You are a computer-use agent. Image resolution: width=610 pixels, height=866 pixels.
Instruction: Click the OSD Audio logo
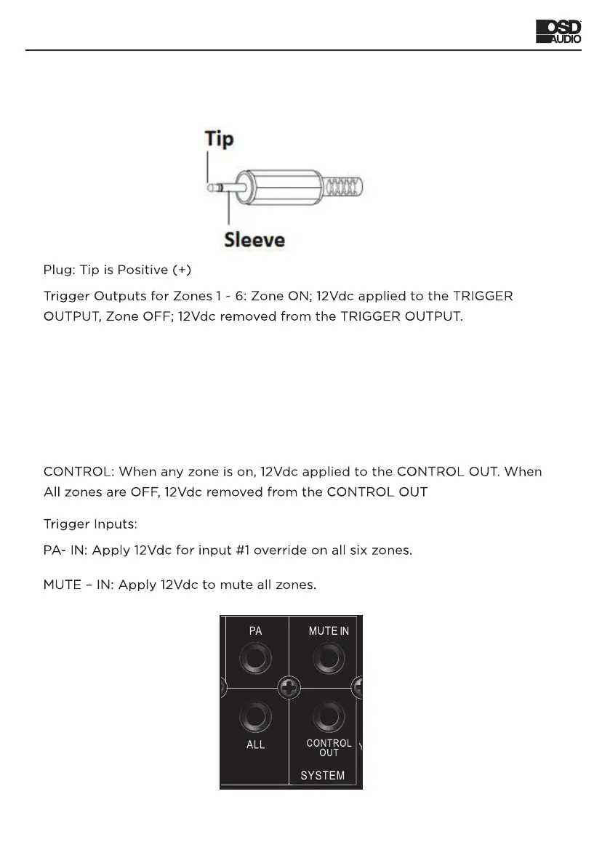[558, 32]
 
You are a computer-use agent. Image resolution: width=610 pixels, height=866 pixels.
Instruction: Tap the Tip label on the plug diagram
[220, 139]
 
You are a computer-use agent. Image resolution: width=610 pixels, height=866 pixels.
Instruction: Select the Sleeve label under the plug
[254, 238]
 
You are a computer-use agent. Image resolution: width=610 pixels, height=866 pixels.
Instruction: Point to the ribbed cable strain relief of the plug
[346, 188]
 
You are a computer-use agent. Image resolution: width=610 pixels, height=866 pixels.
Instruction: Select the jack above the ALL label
[256, 718]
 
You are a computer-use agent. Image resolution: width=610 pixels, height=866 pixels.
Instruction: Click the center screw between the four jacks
[289, 686]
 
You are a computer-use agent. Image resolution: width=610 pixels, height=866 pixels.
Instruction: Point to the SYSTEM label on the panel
[323, 776]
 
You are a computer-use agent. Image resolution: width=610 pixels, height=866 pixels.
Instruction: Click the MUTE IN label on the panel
[329, 631]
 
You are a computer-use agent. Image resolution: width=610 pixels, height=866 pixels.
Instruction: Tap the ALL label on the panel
[256, 745]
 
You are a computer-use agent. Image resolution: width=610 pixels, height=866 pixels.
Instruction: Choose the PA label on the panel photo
[256, 631]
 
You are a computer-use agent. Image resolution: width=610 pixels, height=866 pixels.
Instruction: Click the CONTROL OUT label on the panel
[329, 748]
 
